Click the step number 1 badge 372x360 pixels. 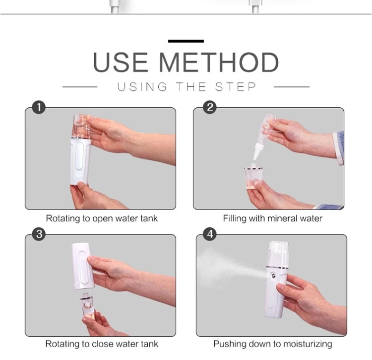(x=39, y=107)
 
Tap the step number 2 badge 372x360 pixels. (x=210, y=107)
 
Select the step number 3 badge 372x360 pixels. (x=39, y=234)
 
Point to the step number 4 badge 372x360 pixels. (x=210, y=234)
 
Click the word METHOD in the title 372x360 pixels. (x=219, y=62)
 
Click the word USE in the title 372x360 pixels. (x=121, y=62)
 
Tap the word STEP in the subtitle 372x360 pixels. (x=235, y=87)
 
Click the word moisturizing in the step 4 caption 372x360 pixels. (x=308, y=344)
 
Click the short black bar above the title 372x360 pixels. (x=186, y=41)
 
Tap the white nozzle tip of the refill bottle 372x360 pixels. (x=257, y=153)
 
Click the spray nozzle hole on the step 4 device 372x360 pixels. (x=274, y=276)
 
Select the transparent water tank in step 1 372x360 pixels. (x=81, y=126)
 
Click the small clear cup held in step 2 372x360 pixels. (x=253, y=177)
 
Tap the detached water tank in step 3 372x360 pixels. (x=87, y=306)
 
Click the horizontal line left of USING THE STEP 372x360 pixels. (x=80, y=87)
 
